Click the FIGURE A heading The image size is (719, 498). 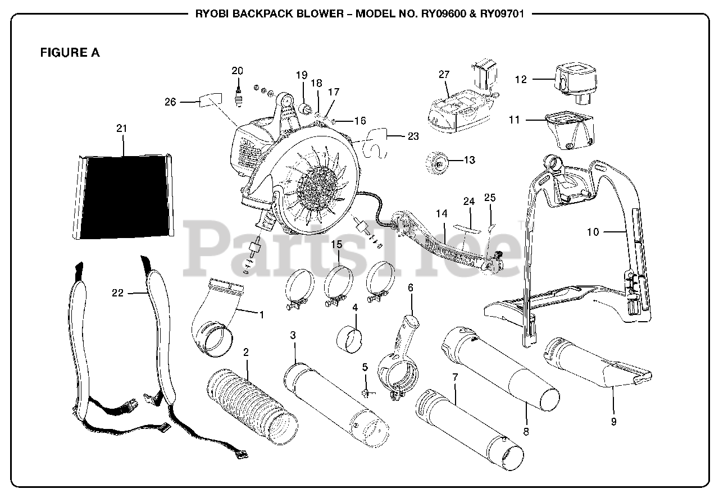click(70, 53)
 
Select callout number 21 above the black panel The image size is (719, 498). click(122, 129)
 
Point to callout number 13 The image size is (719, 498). click(469, 160)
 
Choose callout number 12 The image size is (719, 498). click(521, 80)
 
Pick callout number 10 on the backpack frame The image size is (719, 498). click(593, 231)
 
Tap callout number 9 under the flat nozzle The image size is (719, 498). click(613, 421)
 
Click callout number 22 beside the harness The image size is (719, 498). click(117, 293)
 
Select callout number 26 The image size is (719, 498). click(170, 102)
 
